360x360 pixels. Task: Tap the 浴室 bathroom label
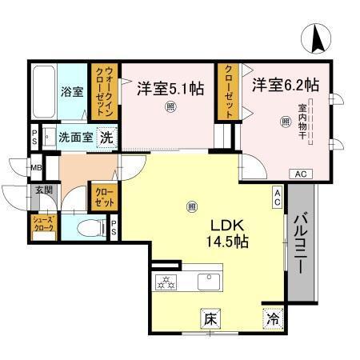tap(72, 90)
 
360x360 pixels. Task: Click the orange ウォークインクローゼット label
tap(104, 92)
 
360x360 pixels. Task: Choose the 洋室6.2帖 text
tap(286, 84)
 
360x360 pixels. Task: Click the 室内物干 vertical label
tap(303, 122)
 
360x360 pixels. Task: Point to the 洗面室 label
tap(75, 137)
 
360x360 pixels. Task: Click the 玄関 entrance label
tap(42, 191)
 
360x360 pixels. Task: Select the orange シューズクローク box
tap(42, 225)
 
